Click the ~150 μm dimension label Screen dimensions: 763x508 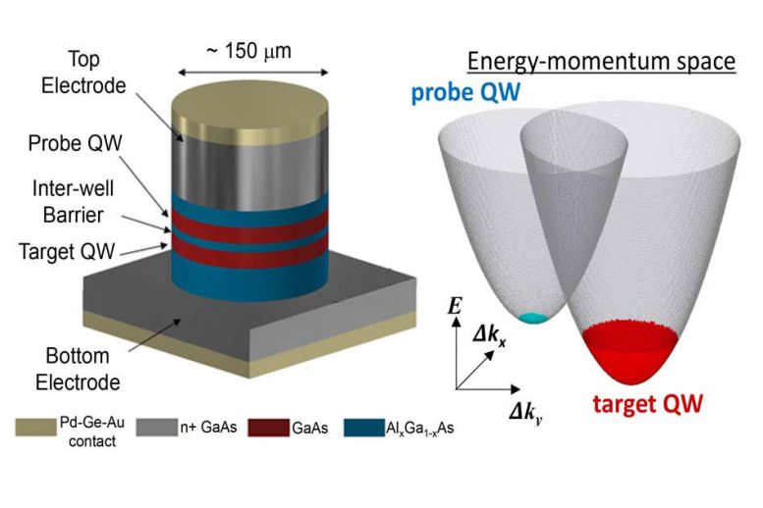click(x=248, y=51)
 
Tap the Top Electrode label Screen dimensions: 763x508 click(x=83, y=73)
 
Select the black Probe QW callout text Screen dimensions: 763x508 click(x=76, y=143)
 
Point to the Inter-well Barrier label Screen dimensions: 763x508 click(x=73, y=201)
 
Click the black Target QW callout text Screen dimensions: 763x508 click(x=67, y=251)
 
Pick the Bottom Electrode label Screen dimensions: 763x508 click(x=78, y=369)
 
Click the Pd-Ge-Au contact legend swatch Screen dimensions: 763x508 click(x=35, y=428)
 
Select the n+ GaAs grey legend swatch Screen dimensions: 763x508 click(x=157, y=428)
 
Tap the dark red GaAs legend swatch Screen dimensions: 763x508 click(x=269, y=428)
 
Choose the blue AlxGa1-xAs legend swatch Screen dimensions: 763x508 click(x=364, y=428)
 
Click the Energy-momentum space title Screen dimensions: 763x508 click(x=601, y=62)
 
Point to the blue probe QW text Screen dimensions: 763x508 click(x=465, y=92)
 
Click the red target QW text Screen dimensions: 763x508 click(x=648, y=404)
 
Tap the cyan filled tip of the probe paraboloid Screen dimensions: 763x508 click(x=534, y=318)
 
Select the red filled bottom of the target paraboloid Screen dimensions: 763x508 click(x=629, y=351)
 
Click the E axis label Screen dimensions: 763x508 click(x=454, y=306)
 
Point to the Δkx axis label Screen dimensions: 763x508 click(x=489, y=336)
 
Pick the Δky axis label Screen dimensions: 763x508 click(x=526, y=414)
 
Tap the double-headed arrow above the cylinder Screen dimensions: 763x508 click(x=253, y=73)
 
